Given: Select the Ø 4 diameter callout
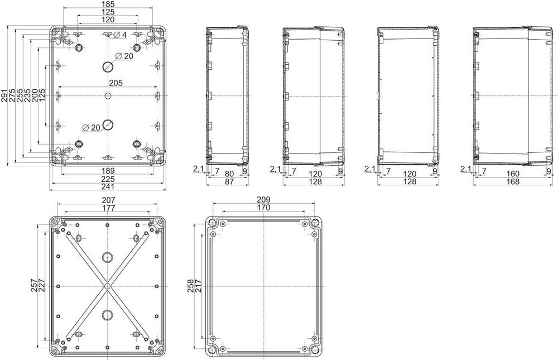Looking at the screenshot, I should [120, 35].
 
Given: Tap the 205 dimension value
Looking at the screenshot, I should [116, 83].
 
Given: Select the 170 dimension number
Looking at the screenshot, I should [263, 208].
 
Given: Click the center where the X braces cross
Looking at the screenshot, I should [107, 286].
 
